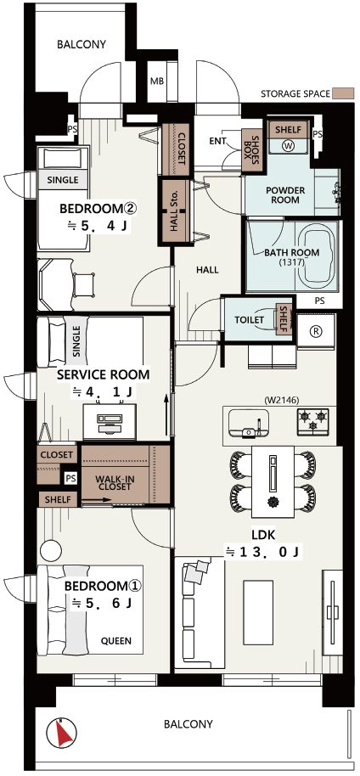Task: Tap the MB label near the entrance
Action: pos(157,82)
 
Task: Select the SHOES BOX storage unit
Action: pos(252,150)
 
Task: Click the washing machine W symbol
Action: pos(288,146)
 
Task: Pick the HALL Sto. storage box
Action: pos(174,211)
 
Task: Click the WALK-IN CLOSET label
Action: pos(114,482)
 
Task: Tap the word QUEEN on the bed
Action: pos(116,641)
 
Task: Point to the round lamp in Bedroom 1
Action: pos(50,550)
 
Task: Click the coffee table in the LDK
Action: pos(258,613)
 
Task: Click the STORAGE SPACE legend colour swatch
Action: pos(344,93)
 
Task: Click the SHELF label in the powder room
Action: pos(288,130)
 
